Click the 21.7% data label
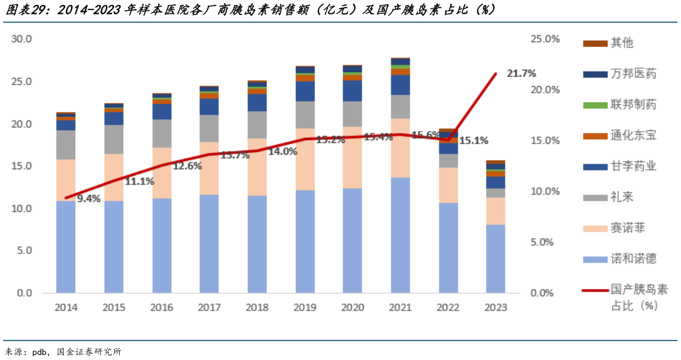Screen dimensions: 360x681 point(521,73)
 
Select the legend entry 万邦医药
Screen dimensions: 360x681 point(633,73)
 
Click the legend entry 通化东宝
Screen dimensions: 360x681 point(633,135)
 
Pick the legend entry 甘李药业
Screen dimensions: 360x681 point(633,166)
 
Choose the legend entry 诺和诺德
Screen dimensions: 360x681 point(633,259)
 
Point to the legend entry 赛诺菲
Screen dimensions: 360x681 point(627,228)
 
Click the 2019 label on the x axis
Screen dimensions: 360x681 point(305,307)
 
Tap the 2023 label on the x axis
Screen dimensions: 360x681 point(495,307)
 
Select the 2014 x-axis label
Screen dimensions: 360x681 point(66,307)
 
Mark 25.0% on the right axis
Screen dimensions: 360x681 point(544,40)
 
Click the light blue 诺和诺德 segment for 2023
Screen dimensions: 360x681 point(495,258)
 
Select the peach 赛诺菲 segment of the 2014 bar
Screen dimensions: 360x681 point(66,180)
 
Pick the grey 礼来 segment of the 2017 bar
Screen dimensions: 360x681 point(209,129)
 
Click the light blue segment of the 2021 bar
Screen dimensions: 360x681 point(400,235)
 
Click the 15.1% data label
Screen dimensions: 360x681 point(474,140)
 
